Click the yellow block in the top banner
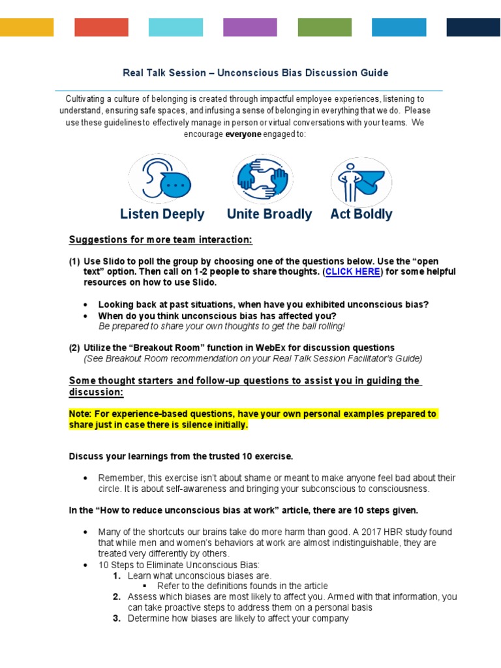coord(27,27)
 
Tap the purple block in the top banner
coord(250,27)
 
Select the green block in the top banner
coord(324,27)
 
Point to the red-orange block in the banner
coord(101,27)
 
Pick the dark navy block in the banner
coord(473,27)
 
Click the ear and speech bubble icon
coord(160,179)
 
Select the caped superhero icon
coord(361,179)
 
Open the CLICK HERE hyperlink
coord(353,272)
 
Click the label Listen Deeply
coord(162,214)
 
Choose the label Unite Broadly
coord(269,214)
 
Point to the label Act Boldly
coord(361,214)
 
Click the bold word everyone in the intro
coord(243,134)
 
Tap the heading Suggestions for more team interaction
coord(160,239)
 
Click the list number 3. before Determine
coord(117,618)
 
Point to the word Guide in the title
coord(374,72)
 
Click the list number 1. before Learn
coord(117,575)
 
